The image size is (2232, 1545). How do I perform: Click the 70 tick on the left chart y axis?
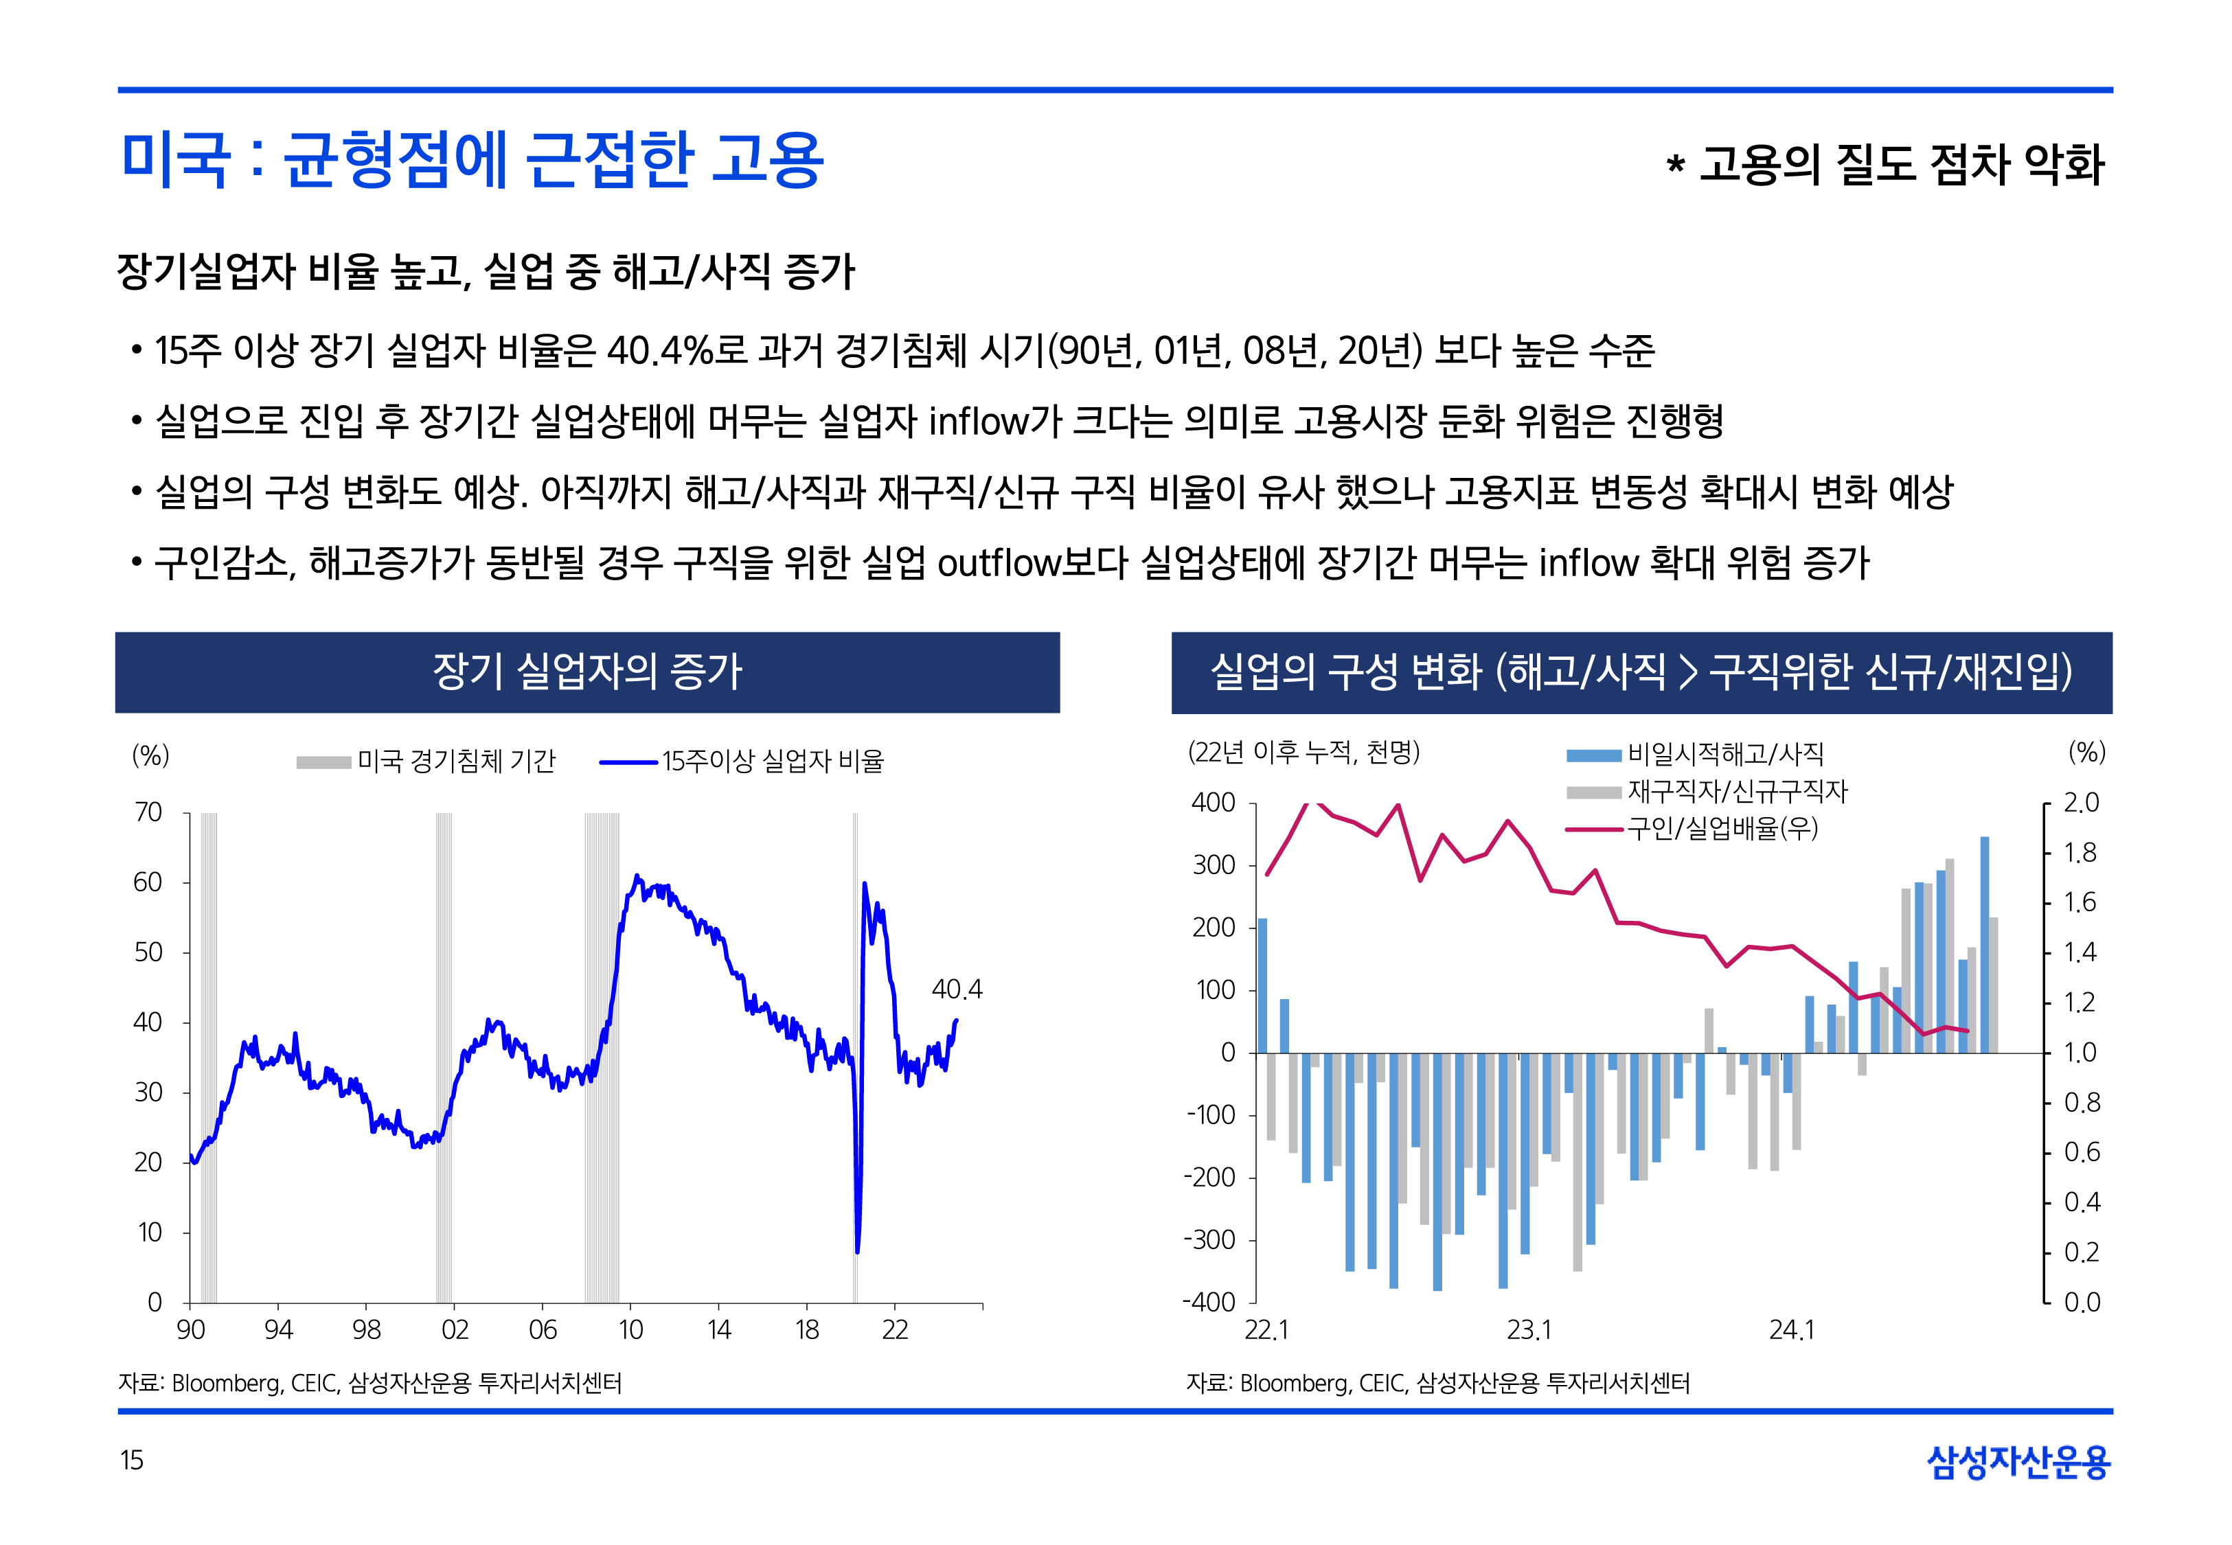point(148,812)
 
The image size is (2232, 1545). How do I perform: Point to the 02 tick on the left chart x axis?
point(454,1329)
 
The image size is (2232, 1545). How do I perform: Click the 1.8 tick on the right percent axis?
point(2080,853)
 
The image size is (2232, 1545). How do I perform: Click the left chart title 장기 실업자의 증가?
point(587,672)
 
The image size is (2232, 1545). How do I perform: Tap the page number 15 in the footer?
point(132,1460)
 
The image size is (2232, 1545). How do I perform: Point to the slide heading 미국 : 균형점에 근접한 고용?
point(471,160)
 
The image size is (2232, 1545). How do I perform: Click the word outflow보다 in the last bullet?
point(1032,562)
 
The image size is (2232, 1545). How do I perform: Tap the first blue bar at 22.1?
point(1262,985)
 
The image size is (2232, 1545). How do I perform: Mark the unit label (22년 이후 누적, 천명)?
point(1303,752)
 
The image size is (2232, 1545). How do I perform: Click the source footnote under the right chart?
point(1437,1384)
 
